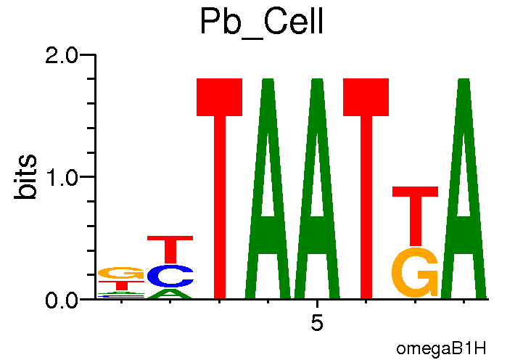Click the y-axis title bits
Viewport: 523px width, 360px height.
26,176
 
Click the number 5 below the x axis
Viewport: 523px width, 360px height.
317,324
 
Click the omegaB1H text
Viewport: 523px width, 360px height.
441,348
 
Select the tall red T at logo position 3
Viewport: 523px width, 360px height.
220,189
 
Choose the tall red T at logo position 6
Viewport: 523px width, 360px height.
366,189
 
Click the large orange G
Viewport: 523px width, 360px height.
415,272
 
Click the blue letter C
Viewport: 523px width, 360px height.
170,276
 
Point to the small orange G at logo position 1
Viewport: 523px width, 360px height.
121,273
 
